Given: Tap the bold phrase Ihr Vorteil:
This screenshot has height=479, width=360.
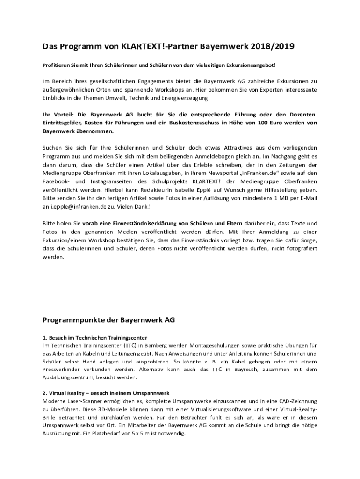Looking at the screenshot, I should (58, 115).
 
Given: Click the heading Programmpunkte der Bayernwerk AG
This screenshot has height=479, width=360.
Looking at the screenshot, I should (109, 320).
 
